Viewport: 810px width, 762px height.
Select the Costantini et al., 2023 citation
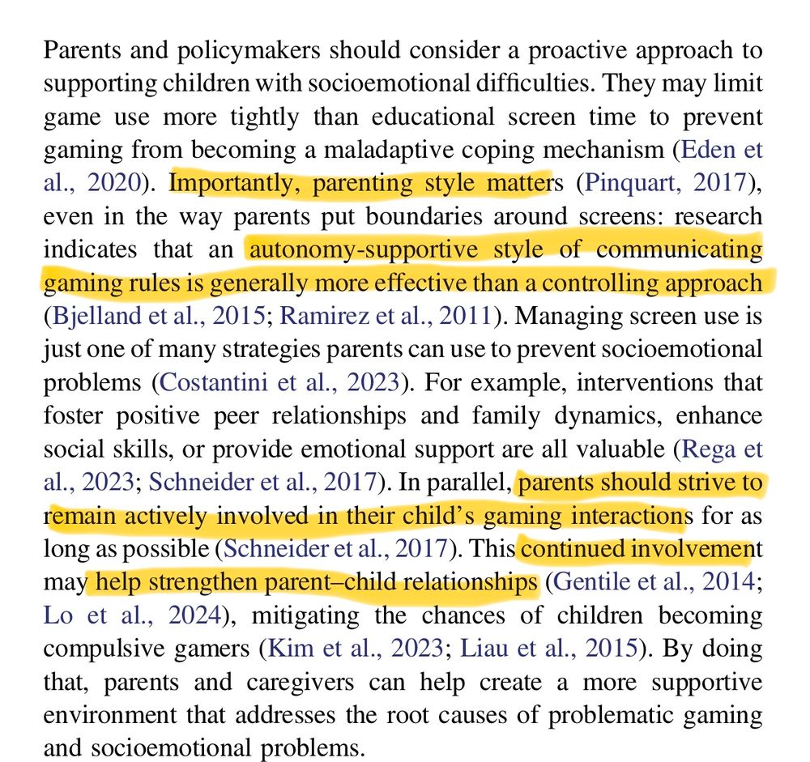pyautogui.click(x=280, y=382)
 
